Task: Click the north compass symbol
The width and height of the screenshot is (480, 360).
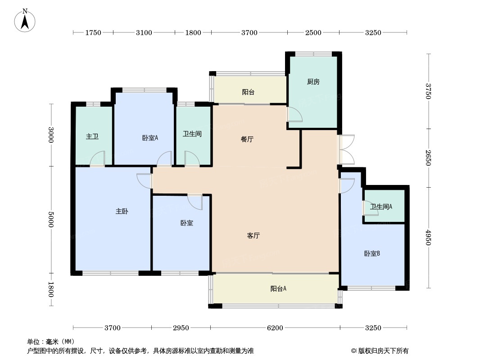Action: pos(26,20)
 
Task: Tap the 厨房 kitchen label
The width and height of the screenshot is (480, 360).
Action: pos(313,82)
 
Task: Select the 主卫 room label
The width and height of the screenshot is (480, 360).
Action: pos(92,136)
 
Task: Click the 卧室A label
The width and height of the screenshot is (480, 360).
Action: pos(149,138)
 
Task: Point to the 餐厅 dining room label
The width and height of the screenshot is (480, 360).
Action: pos(247,139)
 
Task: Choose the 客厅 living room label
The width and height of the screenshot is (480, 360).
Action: pos(254,235)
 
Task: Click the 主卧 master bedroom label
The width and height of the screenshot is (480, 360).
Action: pos(122,211)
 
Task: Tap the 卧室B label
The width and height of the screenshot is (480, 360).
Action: pos(372,254)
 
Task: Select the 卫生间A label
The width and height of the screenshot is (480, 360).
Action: pos(381,207)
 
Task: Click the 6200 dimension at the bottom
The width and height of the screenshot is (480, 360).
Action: pos(275,328)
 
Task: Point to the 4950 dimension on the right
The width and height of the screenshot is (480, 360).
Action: pos(428,237)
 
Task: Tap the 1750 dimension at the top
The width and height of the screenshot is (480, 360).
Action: pos(93,32)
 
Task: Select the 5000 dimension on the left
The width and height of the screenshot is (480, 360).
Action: pos(51,220)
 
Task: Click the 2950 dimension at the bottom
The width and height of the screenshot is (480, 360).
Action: pos(181,328)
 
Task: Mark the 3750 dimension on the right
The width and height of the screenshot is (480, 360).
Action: pos(428,91)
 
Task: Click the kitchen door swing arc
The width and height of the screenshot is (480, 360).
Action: pos(295,115)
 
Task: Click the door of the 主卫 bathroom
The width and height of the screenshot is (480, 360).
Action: pos(97,159)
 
